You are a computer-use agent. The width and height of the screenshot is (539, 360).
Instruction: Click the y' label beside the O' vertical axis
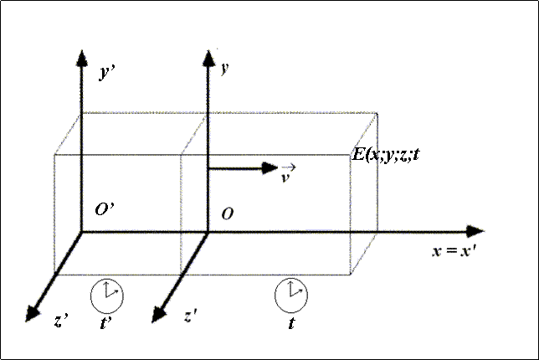[x=107, y=74]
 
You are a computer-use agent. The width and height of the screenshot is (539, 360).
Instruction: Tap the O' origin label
[x=104, y=210]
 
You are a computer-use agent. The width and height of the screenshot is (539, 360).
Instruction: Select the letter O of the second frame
[x=227, y=215]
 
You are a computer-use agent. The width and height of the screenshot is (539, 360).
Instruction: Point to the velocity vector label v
[x=289, y=174]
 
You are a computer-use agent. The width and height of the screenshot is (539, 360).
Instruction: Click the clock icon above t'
[x=107, y=294]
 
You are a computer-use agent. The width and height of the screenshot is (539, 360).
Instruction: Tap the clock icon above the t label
[x=290, y=293]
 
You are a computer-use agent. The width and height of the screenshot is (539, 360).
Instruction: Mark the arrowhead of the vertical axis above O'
[x=81, y=56]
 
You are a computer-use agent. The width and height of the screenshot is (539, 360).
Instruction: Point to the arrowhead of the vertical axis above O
[x=206, y=55]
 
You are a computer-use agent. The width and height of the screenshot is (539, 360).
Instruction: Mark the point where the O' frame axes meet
[x=81, y=232]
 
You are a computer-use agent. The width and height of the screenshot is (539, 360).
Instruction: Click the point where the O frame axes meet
[x=206, y=232]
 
